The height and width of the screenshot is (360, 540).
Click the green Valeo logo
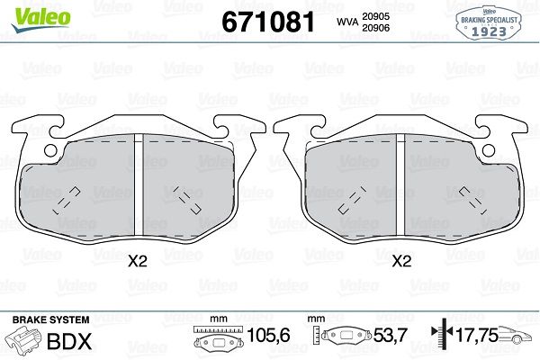41,19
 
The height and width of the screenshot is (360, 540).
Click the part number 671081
268,22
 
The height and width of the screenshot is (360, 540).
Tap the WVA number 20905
375,16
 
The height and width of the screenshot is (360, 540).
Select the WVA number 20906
375,28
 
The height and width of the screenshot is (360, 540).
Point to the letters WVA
347,22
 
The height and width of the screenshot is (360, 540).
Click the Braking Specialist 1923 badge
489,22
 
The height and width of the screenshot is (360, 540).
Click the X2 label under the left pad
138,262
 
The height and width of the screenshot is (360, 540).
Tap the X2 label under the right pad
402,262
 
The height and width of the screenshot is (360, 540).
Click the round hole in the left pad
50,150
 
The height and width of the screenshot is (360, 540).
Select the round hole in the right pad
489,150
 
